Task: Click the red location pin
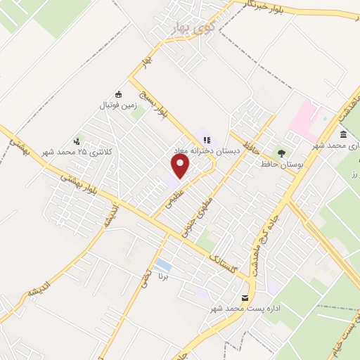(x=181, y=166)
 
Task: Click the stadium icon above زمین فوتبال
(x=118, y=95)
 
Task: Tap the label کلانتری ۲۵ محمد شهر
(x=77, y=151)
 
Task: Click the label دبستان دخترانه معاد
(x=207, y=150)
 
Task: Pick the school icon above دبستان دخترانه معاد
(x=207, y=140)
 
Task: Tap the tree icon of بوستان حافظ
(x=282, y=153)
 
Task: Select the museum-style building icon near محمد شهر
(x=343, y=135)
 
